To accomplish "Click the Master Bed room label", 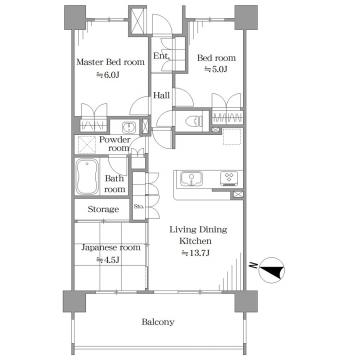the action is tap(111, 62).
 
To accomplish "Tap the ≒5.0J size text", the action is tap(216, 69).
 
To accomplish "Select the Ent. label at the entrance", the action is tap(161, 56).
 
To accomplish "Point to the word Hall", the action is tap(161, 95).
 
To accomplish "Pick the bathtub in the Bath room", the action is tap(87, 177).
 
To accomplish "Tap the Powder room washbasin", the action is tap(128, 127).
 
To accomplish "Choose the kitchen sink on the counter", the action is tap(191, 179).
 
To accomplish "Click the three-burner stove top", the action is tap(229, 179).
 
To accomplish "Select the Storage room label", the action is tap(103, 209).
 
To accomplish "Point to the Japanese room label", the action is tap(111, 248).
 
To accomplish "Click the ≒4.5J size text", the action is tap(108, 260).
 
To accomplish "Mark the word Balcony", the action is tap(158, 322).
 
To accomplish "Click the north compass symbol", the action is tap(271, 270).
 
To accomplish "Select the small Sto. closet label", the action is tap(139, 206).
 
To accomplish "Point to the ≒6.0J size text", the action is tap(108, 75).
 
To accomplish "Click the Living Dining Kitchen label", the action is tap(198, 235).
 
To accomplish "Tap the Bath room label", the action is tap(115, 184).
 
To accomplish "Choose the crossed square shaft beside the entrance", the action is tap(138, 20).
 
